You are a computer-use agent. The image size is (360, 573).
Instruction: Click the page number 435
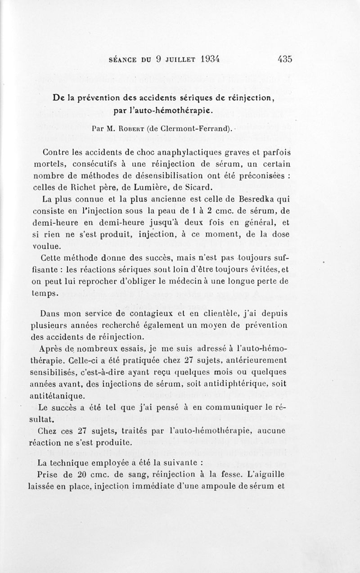coord(285,59)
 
